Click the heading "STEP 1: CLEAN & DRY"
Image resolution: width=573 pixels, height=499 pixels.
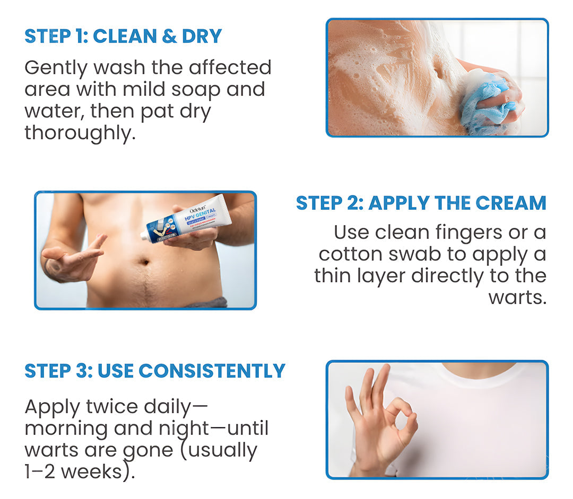[x=123, y=36]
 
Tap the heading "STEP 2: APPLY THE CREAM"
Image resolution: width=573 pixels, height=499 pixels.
[x=421, y=203]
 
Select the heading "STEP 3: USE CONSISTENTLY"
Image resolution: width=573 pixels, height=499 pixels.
[x=155, y=371]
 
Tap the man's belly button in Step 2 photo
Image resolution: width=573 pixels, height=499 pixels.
[x=144, y=261]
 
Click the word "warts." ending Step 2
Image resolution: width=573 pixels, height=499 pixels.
[x=517, y=297]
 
